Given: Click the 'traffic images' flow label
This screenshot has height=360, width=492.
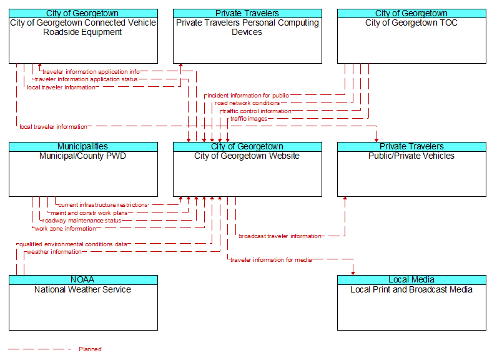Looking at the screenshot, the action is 249,119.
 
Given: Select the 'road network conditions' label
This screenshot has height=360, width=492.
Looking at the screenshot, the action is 247,103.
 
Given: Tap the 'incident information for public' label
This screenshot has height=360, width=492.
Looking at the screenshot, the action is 248,96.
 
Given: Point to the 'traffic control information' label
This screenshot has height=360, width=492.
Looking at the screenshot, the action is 257,111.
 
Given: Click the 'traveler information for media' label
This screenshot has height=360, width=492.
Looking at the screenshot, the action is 271,260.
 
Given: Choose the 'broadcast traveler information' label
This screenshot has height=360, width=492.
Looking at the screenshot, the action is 280,236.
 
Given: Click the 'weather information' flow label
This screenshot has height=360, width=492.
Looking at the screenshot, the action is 54,252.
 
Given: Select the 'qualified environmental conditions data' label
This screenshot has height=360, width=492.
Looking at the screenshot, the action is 73,244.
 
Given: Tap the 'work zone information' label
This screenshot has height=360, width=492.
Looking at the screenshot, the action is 66,229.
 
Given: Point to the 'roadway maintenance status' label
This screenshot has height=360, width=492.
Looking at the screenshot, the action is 82,221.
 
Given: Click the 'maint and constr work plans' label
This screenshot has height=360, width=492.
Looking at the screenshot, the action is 89,213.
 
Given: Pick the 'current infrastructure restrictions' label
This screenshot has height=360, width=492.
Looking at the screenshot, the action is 103,205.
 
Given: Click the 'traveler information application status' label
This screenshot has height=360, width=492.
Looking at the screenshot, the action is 86,79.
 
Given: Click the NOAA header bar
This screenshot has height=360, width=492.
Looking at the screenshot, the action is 83,280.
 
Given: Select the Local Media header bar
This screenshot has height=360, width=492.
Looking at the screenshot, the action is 411,280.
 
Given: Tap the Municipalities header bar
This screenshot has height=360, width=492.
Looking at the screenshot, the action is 83,147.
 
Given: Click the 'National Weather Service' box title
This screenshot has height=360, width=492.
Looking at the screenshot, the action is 83,289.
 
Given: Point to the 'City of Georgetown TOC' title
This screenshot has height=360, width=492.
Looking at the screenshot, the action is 411,22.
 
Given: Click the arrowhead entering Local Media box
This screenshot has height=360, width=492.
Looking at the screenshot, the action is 353,273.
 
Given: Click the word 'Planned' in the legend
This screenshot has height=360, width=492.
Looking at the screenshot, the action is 90,349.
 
